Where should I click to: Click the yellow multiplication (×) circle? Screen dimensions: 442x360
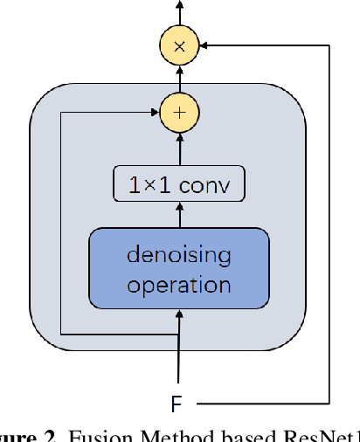pos(179,46)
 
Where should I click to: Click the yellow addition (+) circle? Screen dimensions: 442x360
pos(179,112)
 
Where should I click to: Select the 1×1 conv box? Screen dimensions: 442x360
pos(179,184)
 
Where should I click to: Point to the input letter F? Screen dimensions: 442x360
pos(177,404)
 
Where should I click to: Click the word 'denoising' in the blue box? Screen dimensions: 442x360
pos(179,256)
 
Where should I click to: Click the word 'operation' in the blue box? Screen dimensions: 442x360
pos(179,285)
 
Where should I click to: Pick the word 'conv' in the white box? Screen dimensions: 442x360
pos(207,184)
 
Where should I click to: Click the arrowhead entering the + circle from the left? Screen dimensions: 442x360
pos(155,112)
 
